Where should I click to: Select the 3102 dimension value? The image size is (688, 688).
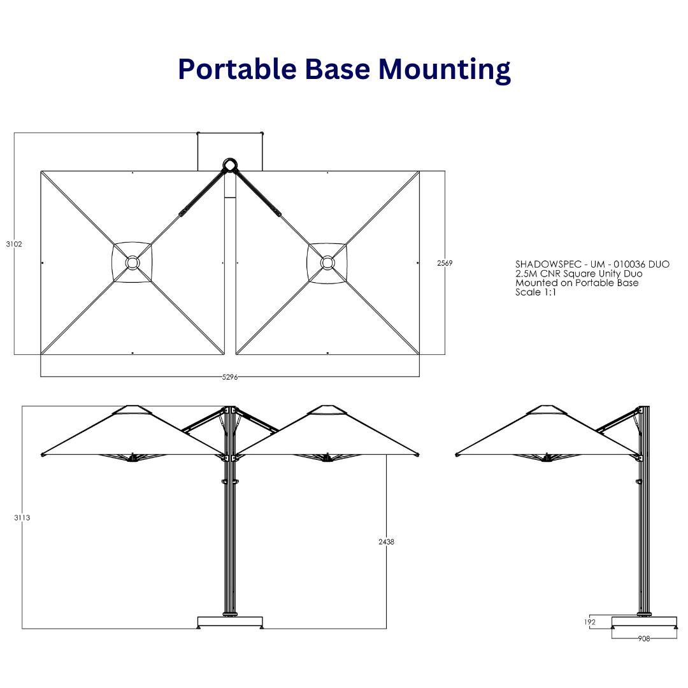click(14, 244)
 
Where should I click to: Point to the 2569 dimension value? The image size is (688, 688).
click(445, 263)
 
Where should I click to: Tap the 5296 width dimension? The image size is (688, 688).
click(230, 377)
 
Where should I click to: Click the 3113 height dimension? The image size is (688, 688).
click(22, 518)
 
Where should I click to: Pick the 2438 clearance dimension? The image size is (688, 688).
click(386, 541)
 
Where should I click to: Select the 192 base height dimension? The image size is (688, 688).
click(590, 622)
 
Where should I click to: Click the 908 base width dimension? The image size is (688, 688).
click(644, 638)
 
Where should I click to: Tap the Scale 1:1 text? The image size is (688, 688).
click(536, 292)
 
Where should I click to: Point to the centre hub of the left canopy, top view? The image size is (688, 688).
click(132, 262)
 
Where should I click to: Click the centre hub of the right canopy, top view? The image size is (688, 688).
click(327, 262)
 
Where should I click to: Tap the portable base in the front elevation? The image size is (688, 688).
click(230, 622)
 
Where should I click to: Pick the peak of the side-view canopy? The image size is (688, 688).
click(546, 408)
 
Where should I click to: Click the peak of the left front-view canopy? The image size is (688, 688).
click(132, 408)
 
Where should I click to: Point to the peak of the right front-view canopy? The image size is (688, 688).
click(327, 408)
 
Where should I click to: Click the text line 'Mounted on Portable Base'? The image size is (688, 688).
click(577, 283)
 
